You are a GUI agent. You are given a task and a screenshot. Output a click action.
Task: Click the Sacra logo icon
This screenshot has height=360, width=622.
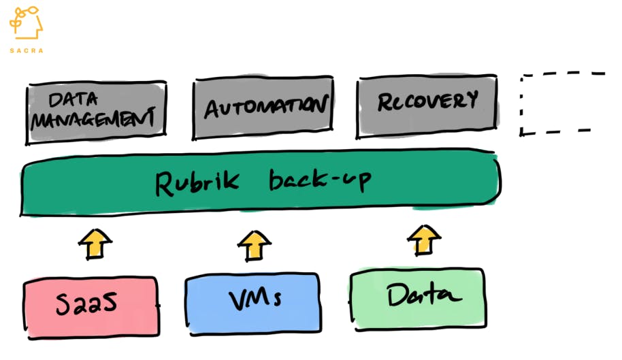(x=26, y=23)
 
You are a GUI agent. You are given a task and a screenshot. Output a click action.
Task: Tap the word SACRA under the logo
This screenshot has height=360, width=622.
(x=26, y=50)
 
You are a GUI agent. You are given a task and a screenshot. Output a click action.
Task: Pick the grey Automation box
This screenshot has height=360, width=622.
(x=263, y=109)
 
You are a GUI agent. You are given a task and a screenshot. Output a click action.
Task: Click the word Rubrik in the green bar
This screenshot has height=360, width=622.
(x=196, y=183)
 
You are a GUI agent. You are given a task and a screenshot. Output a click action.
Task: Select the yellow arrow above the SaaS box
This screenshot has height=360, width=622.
(x=95, y=244)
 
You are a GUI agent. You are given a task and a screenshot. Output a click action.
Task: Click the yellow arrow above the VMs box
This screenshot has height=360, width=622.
(x=255, y=245)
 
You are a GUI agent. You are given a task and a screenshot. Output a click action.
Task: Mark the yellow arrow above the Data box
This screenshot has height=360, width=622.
(x=424, y=240)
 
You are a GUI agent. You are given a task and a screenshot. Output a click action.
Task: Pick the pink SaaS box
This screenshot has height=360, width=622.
(x=91, y=306)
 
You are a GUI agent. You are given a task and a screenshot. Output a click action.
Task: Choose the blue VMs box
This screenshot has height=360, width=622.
(x=252, y=301)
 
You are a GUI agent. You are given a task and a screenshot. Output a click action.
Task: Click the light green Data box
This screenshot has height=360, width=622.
(x=419, y=296)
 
